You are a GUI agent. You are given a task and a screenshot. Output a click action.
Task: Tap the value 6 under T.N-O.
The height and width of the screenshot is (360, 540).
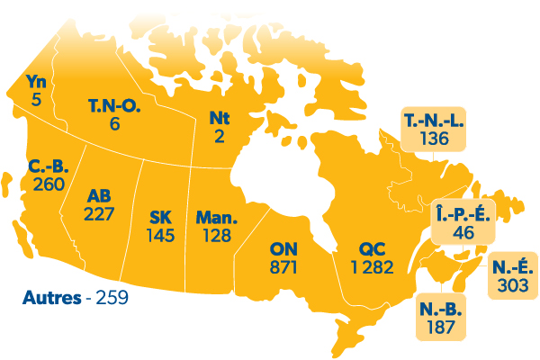pos(114,123)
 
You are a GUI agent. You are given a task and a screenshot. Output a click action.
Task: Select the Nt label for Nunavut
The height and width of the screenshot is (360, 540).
pos(220,118)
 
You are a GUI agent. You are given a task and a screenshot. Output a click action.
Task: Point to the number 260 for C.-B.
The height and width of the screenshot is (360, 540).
pos(48,184)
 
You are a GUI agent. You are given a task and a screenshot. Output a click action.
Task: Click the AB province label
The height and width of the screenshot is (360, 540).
pos(99,196)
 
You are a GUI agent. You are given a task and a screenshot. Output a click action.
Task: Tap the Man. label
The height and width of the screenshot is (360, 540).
pos(216,218)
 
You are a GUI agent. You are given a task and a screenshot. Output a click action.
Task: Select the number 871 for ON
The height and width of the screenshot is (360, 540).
pos(287,267)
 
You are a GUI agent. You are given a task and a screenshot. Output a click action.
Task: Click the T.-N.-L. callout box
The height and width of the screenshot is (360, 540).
pos(435,130)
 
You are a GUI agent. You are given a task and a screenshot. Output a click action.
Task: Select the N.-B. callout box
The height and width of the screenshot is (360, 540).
pos(441,317)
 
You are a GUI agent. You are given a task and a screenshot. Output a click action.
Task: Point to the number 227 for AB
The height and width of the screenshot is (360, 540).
pos(99,214)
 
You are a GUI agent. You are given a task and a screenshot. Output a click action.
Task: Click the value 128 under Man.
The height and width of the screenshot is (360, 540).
pos(216,236)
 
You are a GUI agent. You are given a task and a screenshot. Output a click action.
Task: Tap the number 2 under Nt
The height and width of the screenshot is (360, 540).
pos(220,135)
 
